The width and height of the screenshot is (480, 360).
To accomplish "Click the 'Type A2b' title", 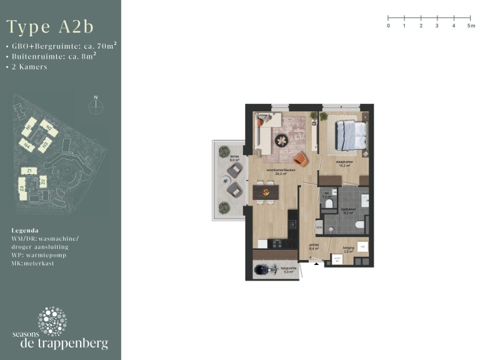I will [x=50, y=27].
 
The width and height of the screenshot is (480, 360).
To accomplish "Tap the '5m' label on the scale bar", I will [x=471, y=26].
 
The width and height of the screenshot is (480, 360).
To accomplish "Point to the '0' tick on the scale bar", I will [x=388, y=26].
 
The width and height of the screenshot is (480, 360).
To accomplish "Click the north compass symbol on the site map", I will [x=95, y=106].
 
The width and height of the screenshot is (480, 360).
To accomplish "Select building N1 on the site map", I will [x=28, y=129].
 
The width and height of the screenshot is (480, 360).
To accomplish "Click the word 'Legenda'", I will [x=25, y=230].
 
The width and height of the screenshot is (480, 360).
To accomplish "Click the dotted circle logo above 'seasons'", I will [x=52, y=321].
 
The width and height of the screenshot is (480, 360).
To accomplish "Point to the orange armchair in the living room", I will [x=301, y=159].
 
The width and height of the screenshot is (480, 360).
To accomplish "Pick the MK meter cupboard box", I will [x=319, y=229].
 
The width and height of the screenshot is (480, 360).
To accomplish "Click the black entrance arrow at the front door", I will [x=316, y=264].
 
